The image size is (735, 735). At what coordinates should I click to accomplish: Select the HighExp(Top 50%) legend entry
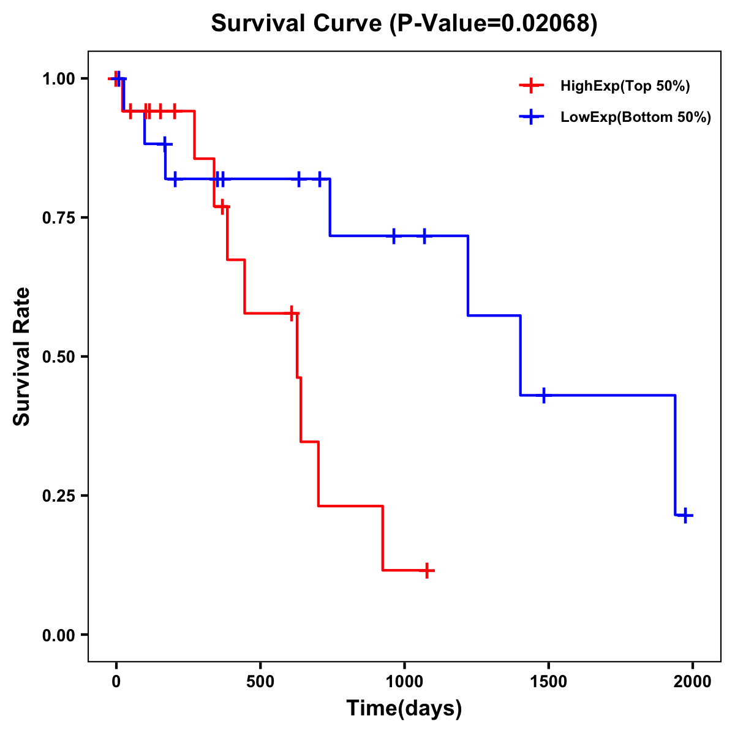pos(625,86)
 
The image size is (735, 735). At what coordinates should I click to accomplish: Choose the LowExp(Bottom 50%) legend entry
pos(635,118)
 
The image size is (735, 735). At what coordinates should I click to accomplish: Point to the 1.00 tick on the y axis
pos(58,79)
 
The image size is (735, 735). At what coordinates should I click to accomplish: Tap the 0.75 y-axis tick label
pos(58,218)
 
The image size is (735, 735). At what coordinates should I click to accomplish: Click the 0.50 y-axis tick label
pos(58,357)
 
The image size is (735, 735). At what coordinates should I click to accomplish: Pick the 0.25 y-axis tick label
pos(58,496)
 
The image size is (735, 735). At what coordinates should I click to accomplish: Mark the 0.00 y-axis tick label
pos(58,635)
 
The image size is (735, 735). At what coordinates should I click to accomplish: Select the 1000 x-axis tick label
pos(404,682)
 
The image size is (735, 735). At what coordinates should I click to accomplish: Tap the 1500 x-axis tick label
pos(548,682)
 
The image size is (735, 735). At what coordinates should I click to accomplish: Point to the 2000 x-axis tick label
pos(693,682)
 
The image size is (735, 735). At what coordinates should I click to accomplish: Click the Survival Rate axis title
pos(22,356)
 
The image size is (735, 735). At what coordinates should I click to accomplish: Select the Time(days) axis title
pos(404,709)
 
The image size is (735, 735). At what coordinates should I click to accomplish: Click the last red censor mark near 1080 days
pos(427,571)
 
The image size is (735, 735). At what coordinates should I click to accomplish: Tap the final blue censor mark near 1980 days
pos(685,515)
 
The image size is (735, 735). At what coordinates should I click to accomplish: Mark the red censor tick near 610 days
pos(292,313)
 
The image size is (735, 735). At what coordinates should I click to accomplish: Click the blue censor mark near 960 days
pos(393,236)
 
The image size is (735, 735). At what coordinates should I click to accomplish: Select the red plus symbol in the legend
pos(531,86)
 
